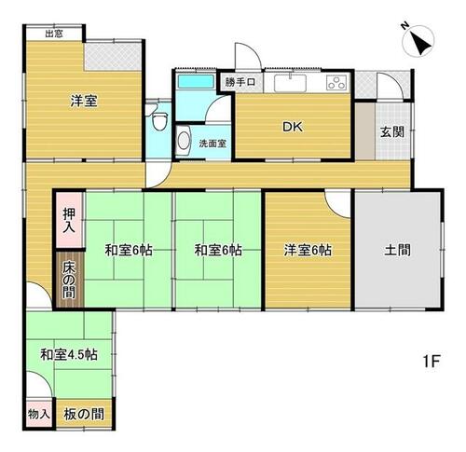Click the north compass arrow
coord(421,43)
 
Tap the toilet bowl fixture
coord(160,120)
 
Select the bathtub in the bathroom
coord(196,81)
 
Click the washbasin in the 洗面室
coord(184,142)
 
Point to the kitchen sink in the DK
coord(290,83)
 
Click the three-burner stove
coord(336,83)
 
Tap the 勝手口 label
coord(240,82)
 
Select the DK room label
coord(292,127)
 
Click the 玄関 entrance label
coord(392,132)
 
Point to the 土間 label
coord(397,250)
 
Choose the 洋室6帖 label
coord(308,250)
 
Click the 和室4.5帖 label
coord(69,354)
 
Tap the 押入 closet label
coord(68,220)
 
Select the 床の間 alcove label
coord(68,281)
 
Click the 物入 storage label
coord(39,414)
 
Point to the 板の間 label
coord(84,414)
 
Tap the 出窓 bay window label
coord(54,34)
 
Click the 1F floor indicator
coord(432,362)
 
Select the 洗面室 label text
coord(212,144)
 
